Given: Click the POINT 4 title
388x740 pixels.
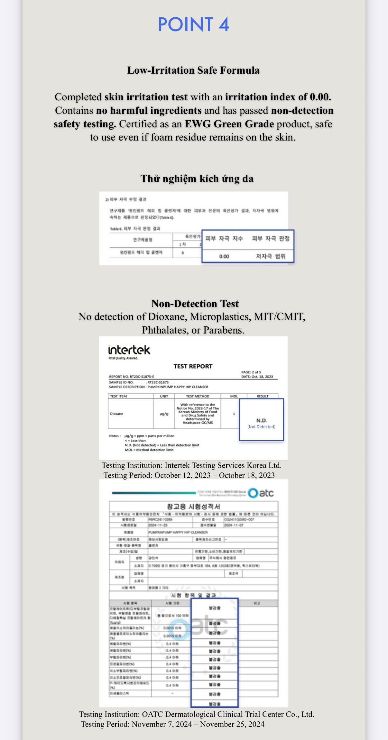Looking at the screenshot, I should pyautogui.click(x=193, y=24).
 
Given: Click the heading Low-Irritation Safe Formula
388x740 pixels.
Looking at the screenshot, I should pyautogui.click(x=193, y=70).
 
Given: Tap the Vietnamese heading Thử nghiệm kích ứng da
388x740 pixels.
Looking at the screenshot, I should pyautogui.click(x=197, y=178).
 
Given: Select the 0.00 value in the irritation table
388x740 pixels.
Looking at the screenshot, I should pyautogui.click(x=224, y=256).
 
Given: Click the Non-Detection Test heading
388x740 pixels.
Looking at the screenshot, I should pyautogui.click(x=195, y=303).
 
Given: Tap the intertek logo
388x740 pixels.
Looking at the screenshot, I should pyautogui.click(x=129, y=350).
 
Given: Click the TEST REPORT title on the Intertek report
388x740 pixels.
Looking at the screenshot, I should pyautogui.click(x=193, y=366).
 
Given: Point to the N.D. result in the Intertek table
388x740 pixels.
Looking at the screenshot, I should pyautogui.click(x=262, y=420).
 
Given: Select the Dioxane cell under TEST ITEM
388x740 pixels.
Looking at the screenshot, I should pyautogui.click(x=116, y=414).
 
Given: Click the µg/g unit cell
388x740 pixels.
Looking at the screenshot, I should pyautogui.click(x=164, y=414).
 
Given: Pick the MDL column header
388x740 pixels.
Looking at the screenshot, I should pyautogui.click(x=234, y=396).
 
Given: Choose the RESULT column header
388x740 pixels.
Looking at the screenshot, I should pyautogui.click(x=263, y=396).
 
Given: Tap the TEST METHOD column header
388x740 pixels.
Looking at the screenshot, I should pyautogui.click(x=198, y=396).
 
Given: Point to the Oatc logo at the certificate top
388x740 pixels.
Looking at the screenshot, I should pyautogui.click(x=261, y=493).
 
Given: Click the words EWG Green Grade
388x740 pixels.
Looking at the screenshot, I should pyautogui.click(x=229, y=124).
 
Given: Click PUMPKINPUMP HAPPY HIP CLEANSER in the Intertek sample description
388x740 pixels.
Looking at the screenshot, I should pyautogui.click(x=178, y=387).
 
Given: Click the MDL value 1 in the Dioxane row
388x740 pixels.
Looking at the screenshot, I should pyautogui.click(x=234, y=414).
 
